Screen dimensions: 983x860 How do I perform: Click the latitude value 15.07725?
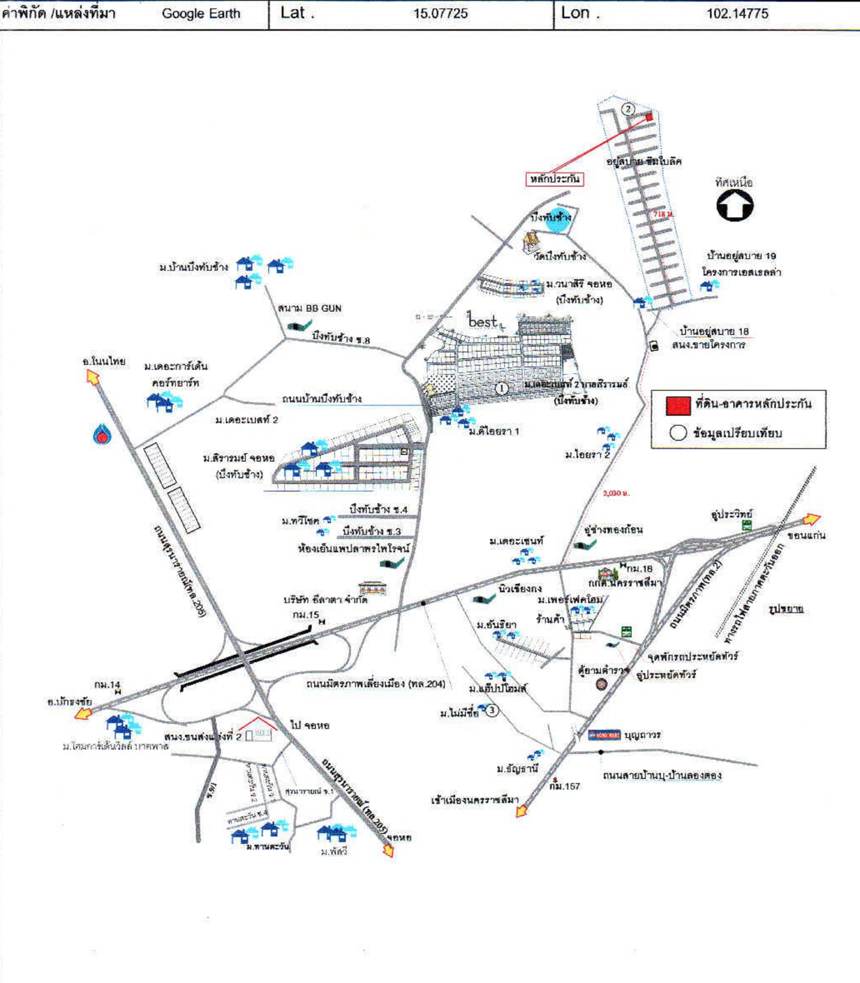[440, 13]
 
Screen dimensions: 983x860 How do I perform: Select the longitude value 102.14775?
[737, 13]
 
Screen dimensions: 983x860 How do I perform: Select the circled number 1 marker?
[501, 388]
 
